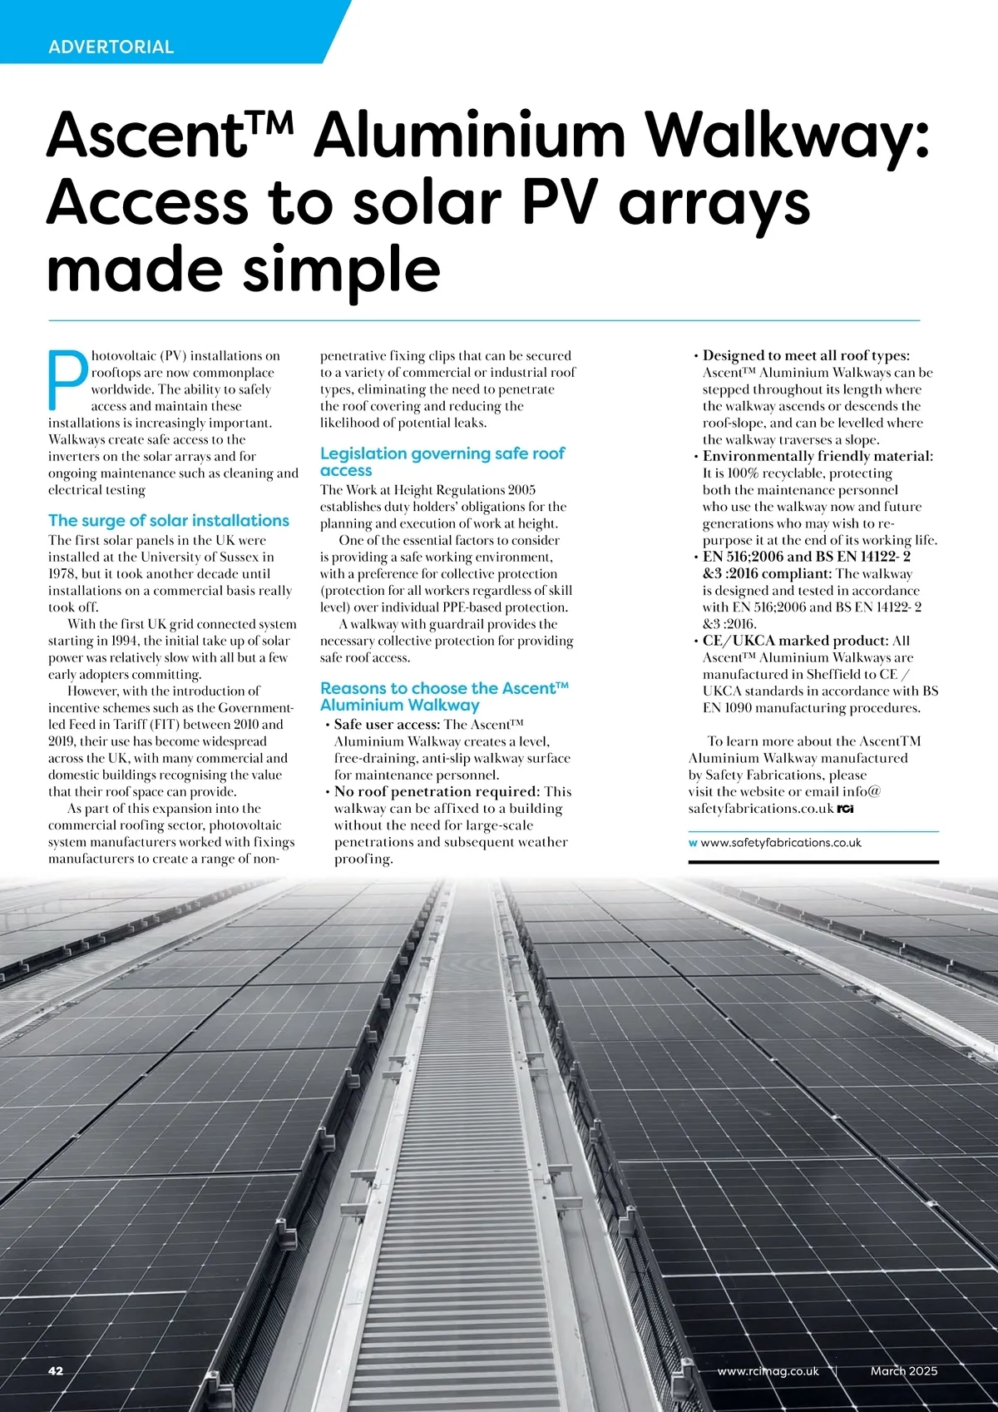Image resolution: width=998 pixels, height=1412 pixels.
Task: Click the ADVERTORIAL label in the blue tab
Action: tap(111, 47)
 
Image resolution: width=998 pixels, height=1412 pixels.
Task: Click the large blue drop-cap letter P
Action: tap(67, 380)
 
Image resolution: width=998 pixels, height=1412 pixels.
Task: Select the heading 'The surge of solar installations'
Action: tap(169, 521)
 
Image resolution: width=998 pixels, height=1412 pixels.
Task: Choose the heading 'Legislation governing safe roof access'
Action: tap(442, 462)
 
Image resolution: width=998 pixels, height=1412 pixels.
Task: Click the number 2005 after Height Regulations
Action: tap(520, 490)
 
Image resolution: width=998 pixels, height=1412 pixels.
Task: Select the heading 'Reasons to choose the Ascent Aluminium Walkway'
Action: tap(444, 696)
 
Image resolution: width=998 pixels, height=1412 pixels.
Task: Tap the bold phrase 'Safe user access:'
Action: tap(387, 725)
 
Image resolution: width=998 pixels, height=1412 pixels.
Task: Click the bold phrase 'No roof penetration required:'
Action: tap(437, 791)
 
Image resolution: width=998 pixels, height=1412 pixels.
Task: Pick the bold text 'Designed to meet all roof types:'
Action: tap(806, 356)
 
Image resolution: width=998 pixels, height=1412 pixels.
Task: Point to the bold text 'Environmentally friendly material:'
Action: tap(818, 456)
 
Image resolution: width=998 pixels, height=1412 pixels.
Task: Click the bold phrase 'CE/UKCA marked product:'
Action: tap(795, 641)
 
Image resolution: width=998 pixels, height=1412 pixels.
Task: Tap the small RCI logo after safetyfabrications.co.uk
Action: tap(845, 809)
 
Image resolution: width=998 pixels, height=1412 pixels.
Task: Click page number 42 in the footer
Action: tap(56, 1370)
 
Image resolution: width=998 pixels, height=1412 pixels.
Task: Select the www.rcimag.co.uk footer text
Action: tap(768, 1370)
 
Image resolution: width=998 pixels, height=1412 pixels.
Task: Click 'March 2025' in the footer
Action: tap(903, 1370)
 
